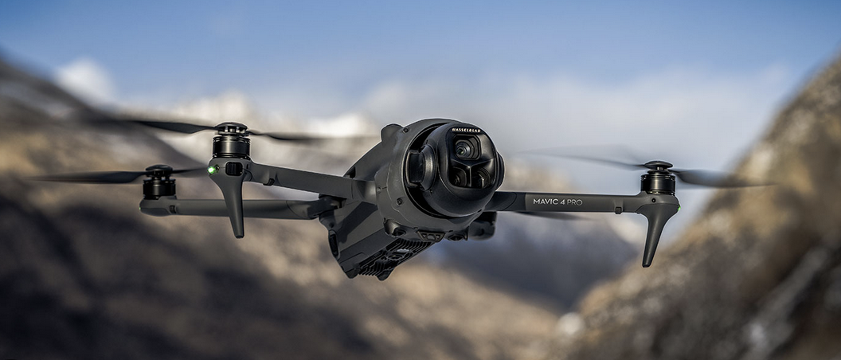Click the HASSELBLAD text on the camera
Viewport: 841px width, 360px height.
466,131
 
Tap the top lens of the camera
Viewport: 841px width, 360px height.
465,149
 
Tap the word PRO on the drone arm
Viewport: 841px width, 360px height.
575,202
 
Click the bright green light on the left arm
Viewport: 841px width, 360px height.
212,170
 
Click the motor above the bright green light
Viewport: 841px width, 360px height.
231,140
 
